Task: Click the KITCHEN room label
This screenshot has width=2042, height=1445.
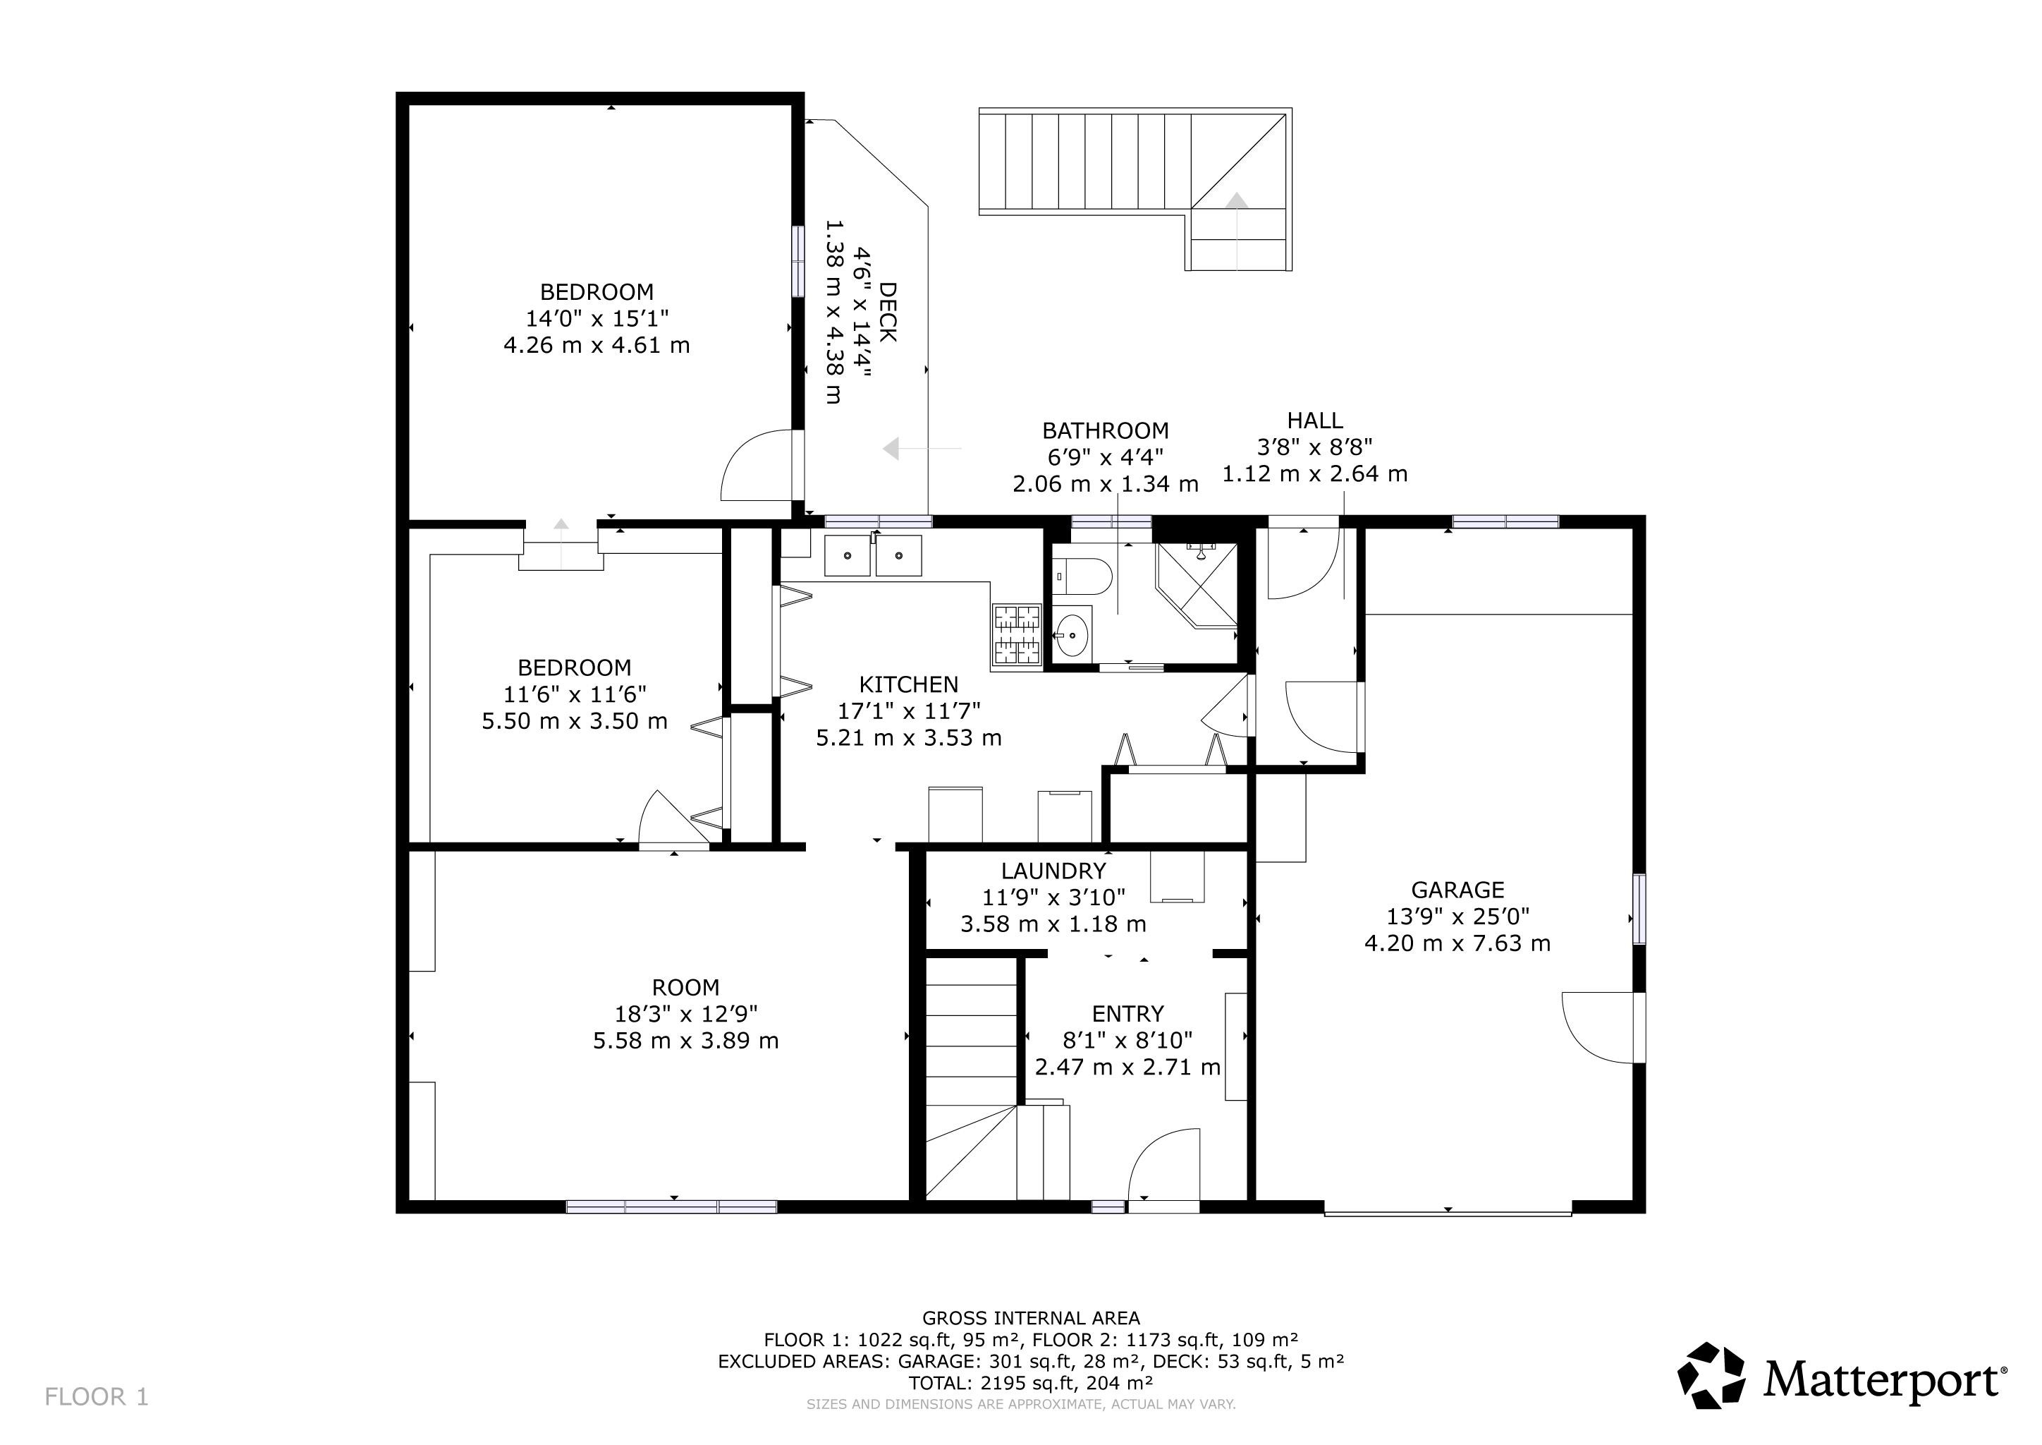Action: pos(908,684)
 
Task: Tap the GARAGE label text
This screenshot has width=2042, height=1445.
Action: pos(1457,890)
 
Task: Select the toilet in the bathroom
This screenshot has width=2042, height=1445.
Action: pos(1082,576)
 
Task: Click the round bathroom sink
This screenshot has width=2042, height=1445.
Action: pos(1073,635)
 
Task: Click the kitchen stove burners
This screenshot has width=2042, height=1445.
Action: pos(1015,634)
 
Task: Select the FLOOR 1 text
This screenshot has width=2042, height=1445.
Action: pos(96,1397)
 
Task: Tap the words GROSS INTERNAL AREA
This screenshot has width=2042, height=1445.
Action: pos(1030,1318)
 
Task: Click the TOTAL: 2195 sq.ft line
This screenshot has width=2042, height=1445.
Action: pos(1030,1383)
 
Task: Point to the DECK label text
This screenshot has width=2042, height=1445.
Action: pos(887,311)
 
